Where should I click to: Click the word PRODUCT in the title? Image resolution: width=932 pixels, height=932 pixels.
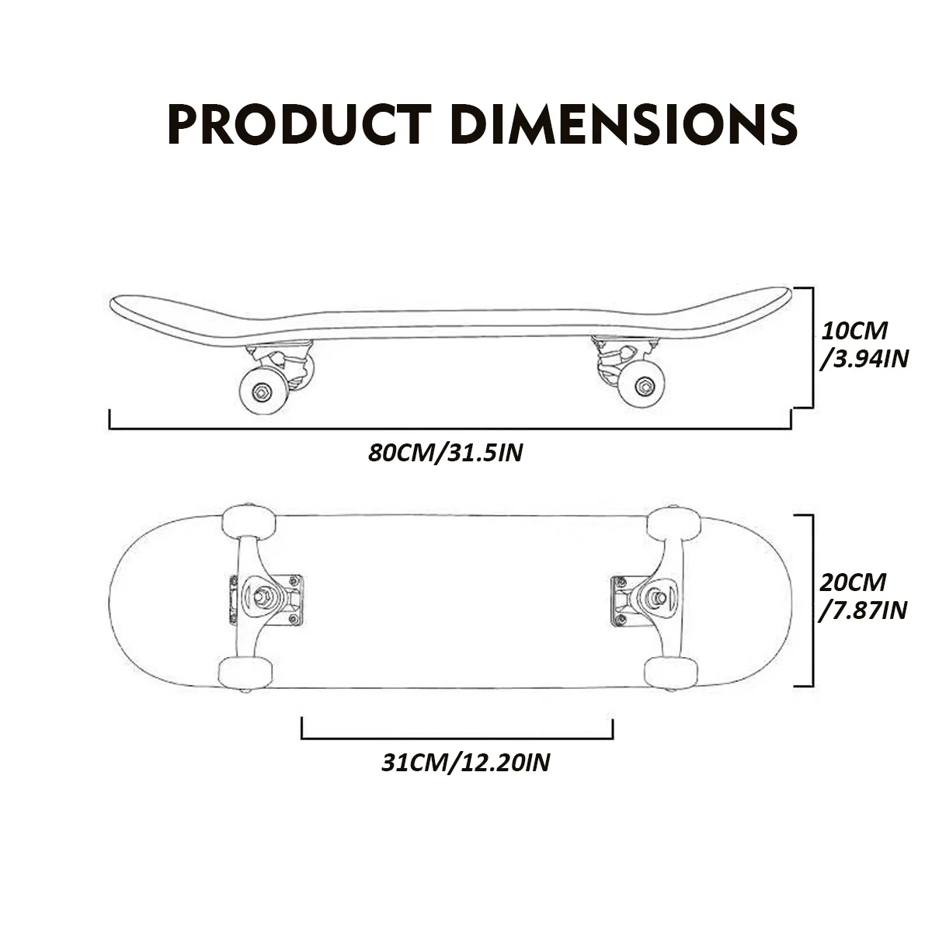(x=300, y=123)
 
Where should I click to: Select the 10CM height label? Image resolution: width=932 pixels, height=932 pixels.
(x=854, y=330)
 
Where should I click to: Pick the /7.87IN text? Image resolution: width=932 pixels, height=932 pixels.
(x=863, y=610)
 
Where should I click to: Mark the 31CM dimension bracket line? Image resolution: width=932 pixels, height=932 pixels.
(x=457, y=739)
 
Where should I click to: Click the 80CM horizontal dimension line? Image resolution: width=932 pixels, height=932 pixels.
(x=450, y=428)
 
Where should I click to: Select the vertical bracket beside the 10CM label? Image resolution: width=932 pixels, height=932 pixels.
(x=812, y=347)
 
